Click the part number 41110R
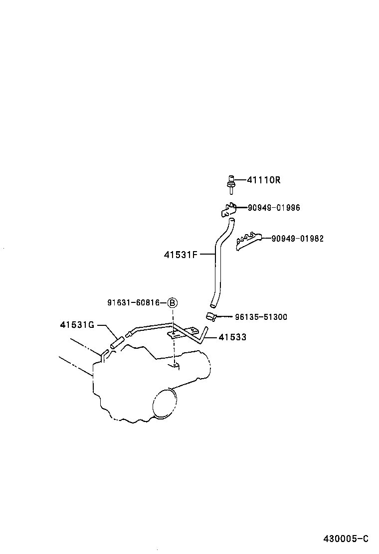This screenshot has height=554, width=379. point(263,180)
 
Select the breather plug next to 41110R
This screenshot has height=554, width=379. point(231,184)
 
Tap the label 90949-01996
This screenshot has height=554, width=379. point(274,208)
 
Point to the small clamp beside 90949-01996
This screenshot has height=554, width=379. point(228,210)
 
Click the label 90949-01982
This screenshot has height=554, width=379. point(297,239)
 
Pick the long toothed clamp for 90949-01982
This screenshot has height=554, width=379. point(248,240)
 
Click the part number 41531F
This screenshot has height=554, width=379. point(181,255)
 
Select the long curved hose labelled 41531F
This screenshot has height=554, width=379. point(217,264)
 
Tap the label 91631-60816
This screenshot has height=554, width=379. point(133,302)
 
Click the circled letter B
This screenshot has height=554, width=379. point(172,302)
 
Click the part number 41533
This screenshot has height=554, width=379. point(232,338)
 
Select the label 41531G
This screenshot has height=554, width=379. point(77,325)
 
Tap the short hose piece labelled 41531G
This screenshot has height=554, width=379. point(116,342)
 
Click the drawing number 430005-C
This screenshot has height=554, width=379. point(345,539)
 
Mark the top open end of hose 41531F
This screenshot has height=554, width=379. point(230,220)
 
